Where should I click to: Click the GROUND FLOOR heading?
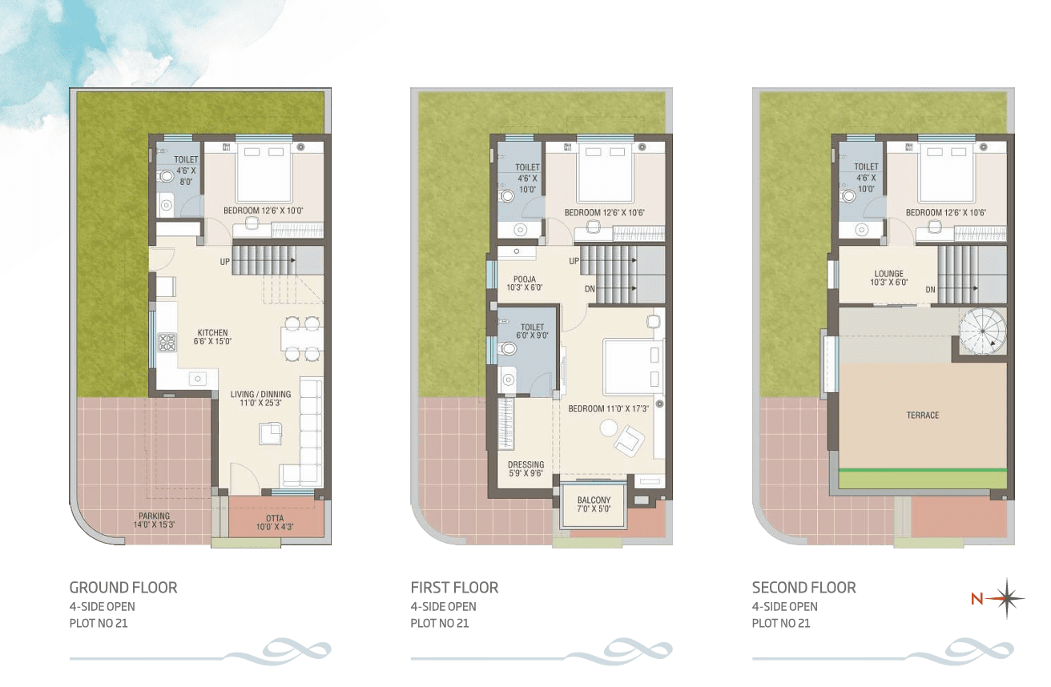[123, 587]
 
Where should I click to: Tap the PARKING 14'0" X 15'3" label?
[154, 520]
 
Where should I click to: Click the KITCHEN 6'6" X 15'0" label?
[212, 337]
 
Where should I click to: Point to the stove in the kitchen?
[167, 342]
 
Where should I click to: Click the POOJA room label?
[525, 283]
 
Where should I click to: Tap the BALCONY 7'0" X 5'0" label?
[594, 504]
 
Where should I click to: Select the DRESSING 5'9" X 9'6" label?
[526, 469]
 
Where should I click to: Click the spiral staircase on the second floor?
[982, 331]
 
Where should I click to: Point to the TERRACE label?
[923, 415]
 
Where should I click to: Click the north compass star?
[1007, 598]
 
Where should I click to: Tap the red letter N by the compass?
[977, 599]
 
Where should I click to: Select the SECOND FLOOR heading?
[803, 587]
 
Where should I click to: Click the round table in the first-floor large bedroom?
[609, 428]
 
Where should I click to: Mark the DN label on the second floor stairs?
[930, 290]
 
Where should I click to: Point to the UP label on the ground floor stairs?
[225, 262]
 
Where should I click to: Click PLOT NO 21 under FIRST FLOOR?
[440, 623]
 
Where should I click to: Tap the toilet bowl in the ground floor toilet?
[166, 176]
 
